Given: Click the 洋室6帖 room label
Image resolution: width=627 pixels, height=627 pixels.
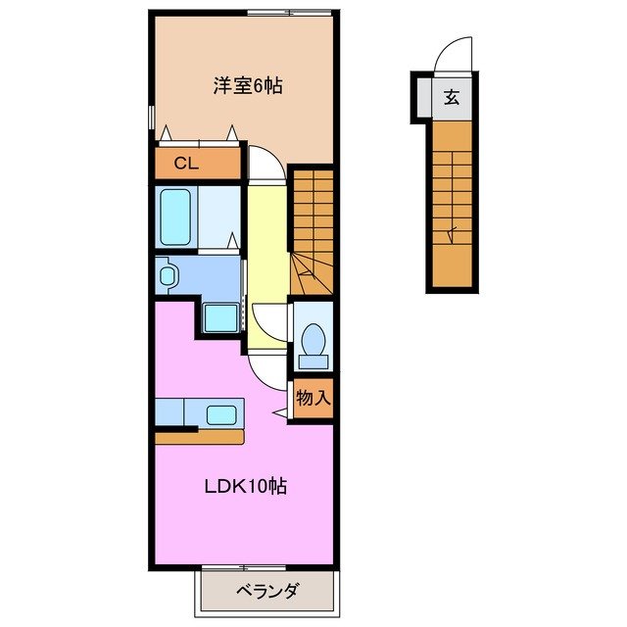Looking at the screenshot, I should [249, 86].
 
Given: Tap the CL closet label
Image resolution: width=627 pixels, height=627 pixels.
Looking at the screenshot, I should [186, 164].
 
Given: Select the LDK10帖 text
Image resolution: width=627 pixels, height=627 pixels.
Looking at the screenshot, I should [245, 486].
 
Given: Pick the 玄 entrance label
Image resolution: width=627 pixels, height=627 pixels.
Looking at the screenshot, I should [451, 97].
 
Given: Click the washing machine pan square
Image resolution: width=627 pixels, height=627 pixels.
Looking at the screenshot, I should [221, 317].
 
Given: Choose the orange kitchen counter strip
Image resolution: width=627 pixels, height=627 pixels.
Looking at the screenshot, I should [199, 437].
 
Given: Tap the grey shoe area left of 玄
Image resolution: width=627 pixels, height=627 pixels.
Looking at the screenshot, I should [423, 98].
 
